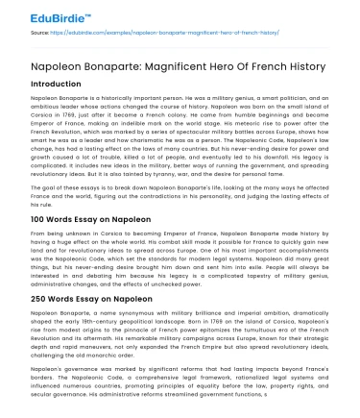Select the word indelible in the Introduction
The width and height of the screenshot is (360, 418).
pos(161,122)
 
